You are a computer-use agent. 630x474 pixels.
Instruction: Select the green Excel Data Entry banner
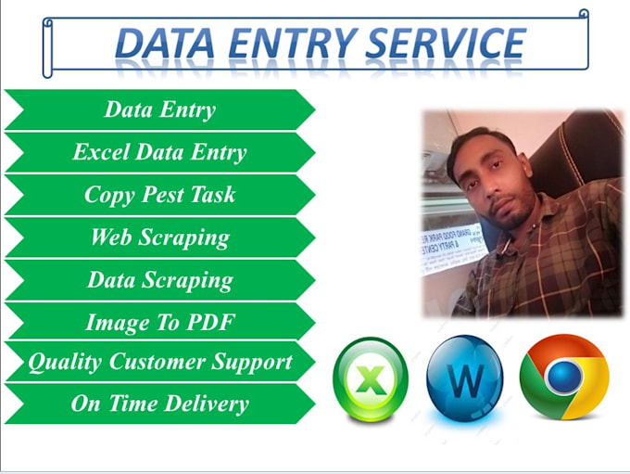pyautogui.click(x=159, y=152)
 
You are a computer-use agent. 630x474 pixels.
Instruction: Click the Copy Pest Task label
pyautogui.click(x=159, y=195)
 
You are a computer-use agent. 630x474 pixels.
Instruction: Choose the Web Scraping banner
pyautogui.click(x=159, y=237)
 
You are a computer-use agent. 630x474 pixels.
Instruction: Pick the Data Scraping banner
pyautogui.click(x=159, y=280)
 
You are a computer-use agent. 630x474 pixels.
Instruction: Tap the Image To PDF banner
pyautogui.click(x=159, y=323)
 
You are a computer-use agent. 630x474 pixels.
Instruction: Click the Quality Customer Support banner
pyautogui.click(x=159, y=362)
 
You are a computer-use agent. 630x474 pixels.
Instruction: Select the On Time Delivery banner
pyautogui.click(x=159, y=404)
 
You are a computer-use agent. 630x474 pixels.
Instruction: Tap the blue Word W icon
pyautogui.click(x=465, y=378)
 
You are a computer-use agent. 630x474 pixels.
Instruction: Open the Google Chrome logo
pyautogui.click(x=564, y=377)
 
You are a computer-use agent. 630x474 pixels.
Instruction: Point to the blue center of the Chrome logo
pyautogui.click(x=564, y=377)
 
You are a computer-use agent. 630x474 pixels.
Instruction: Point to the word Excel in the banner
pyautogui.click(x=102, y=152)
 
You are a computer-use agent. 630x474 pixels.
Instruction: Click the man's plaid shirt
pyautogui.click(x=519, y=269)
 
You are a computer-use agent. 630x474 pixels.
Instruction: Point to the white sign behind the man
pyautogui.click(x=452, y=244)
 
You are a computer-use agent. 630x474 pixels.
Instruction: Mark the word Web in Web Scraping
pyautogui.click(x=110, y=237)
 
